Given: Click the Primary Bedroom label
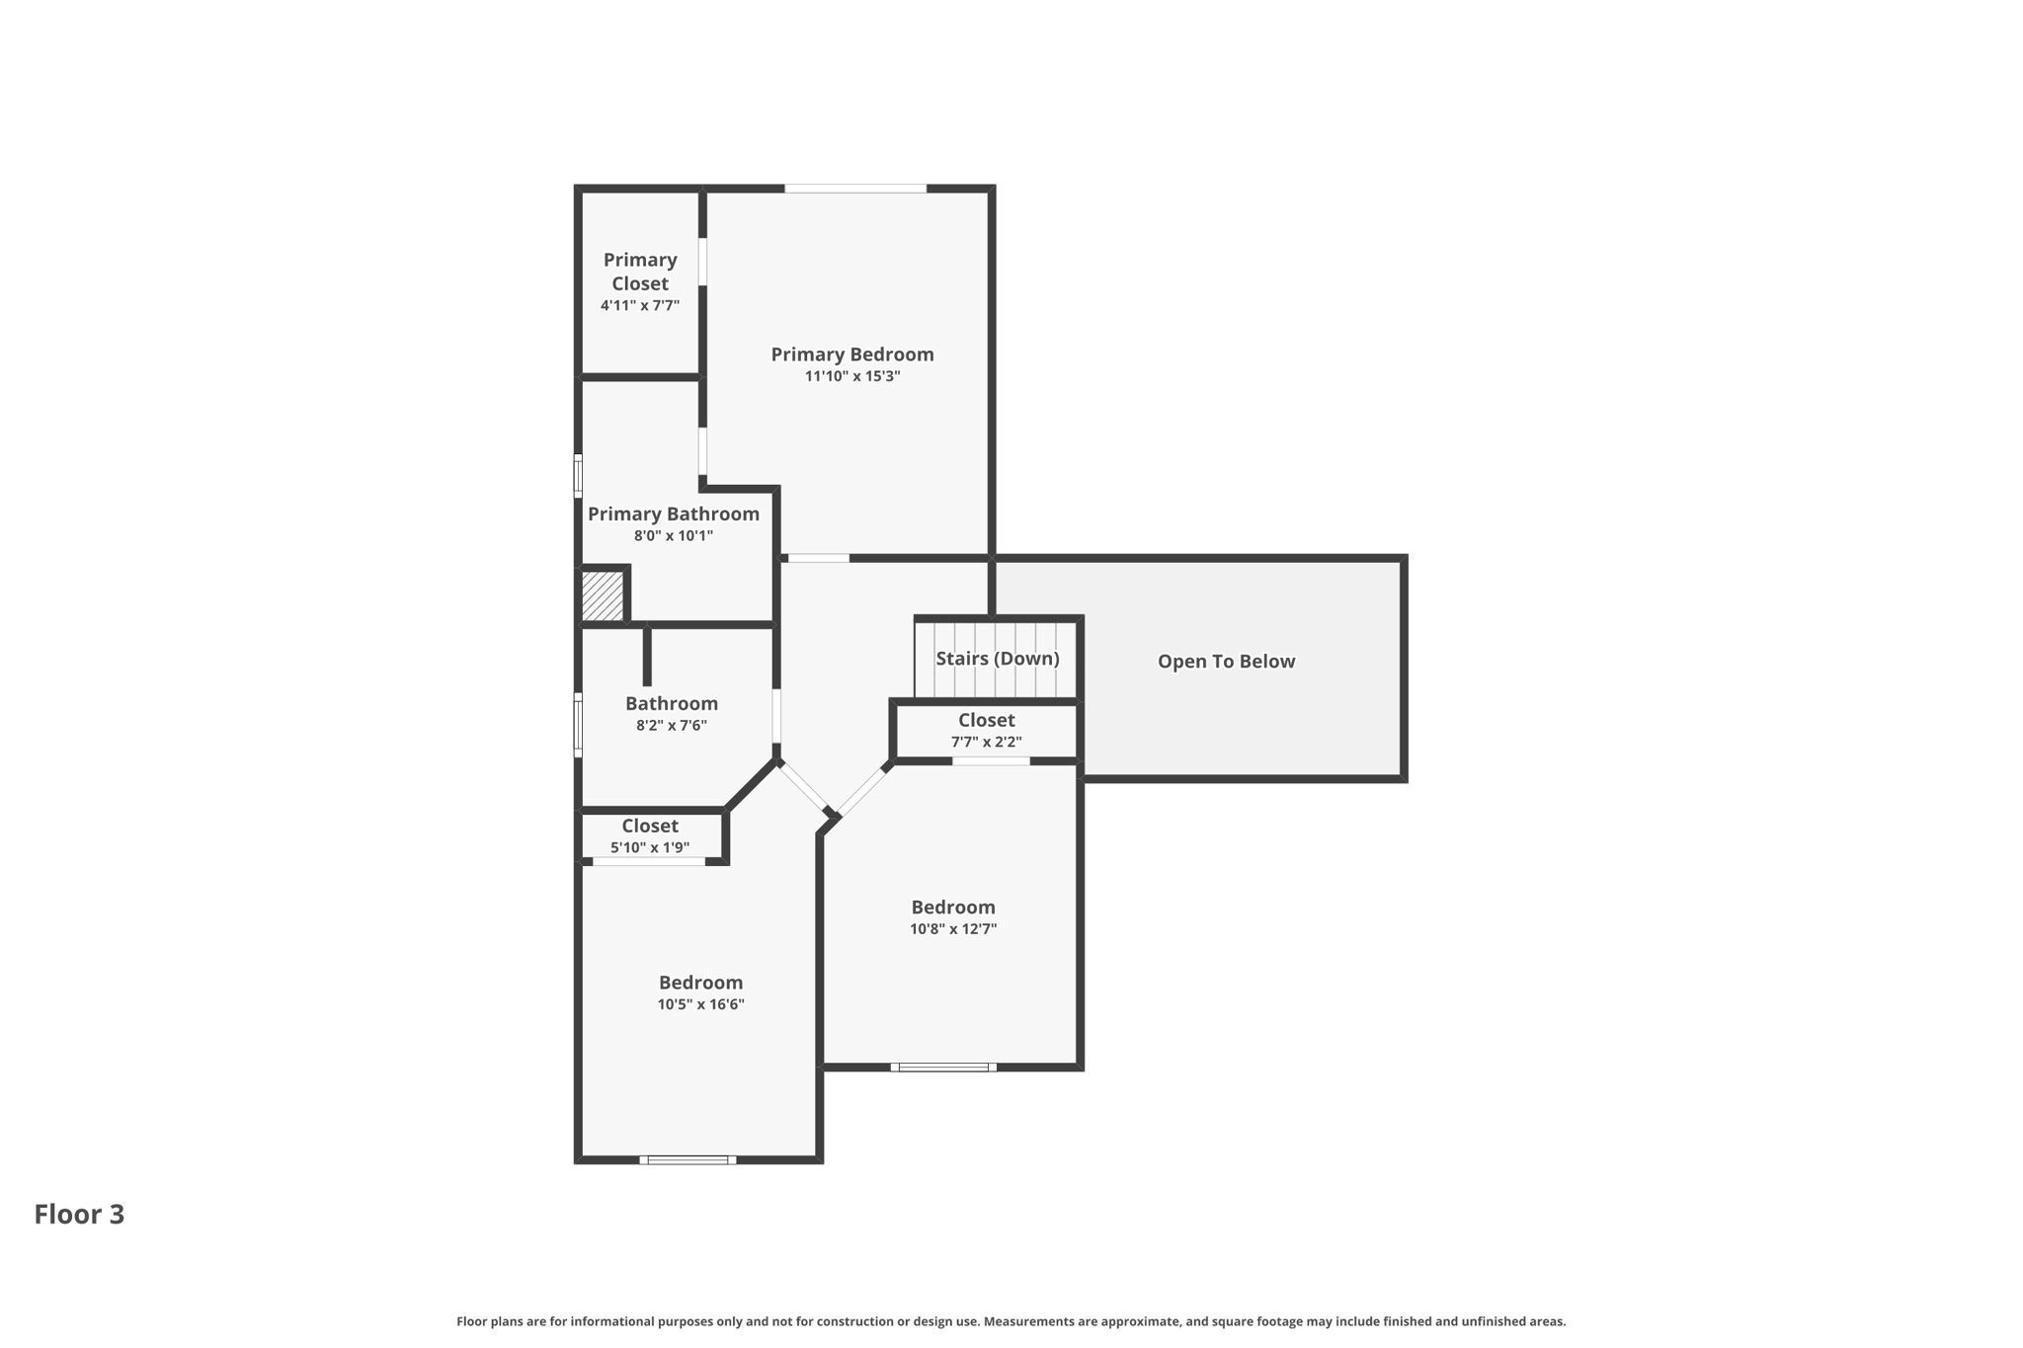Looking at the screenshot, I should click(851, 355).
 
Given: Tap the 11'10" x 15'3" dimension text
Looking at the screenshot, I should click(851, 376).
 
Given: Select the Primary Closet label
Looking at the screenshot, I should click(640, 272).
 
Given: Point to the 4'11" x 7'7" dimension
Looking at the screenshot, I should click(640, 306).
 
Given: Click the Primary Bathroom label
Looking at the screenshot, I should click(673, 514).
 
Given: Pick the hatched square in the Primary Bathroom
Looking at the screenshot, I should click(602, 596).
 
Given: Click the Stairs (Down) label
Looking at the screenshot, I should click(997, 659).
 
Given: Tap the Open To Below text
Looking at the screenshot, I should click(1226, 662).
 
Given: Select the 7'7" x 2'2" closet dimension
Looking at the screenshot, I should click(986, 742).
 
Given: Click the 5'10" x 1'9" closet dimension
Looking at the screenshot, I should click(649, 847).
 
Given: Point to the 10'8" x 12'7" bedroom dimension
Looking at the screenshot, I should click(952, 929).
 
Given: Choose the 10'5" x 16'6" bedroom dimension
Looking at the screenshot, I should click(700, 1004).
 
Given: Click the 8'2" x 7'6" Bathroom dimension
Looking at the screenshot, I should click(671, 726).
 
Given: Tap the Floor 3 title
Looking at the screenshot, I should click(79, 1215).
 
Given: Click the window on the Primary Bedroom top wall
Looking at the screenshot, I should click(855, 188).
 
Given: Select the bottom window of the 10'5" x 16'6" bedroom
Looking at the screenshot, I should click(688, 1159).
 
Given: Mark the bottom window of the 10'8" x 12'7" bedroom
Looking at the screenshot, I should click(943, 1067).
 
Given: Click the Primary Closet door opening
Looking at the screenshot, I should click(702, 262).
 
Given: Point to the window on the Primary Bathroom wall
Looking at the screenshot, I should click(578, 475).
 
